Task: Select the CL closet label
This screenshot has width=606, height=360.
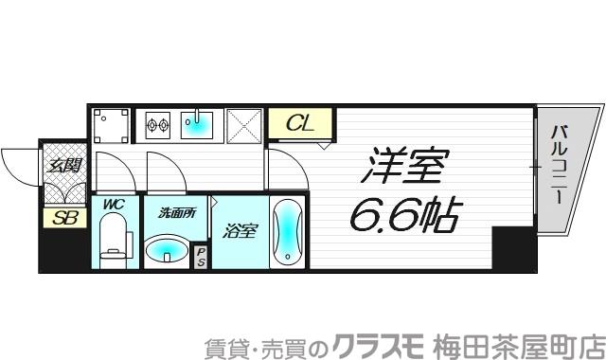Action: tap(301, 123)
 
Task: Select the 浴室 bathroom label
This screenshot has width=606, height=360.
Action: tap(240, 229)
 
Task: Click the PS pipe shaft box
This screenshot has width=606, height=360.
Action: tap(201, 256)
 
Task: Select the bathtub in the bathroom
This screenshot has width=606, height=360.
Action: tap(287, 232)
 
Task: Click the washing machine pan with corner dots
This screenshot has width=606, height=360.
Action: tap(112, 124)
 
